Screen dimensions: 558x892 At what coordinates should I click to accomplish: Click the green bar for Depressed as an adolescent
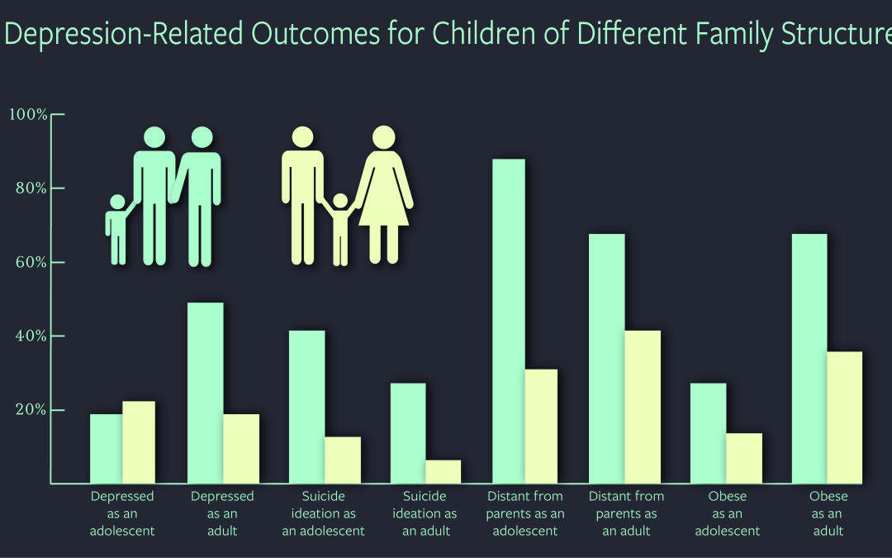point(106,448)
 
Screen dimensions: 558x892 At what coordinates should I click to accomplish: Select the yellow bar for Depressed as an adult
point(241,448)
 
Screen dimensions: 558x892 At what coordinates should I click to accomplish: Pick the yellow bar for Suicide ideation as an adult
point(444,471)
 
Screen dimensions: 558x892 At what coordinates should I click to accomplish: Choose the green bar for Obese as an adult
point(809,359)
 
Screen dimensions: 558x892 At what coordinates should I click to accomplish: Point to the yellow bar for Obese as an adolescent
point(744,458)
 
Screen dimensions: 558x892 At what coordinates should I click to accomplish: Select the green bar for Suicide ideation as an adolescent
point(306,407)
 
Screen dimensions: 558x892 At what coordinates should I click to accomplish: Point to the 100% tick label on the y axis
point(28,114)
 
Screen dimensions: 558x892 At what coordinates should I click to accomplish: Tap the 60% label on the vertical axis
point(30,263)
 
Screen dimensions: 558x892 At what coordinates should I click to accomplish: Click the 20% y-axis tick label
point(30,411)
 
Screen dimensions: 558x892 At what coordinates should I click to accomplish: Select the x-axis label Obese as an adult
point(828,513)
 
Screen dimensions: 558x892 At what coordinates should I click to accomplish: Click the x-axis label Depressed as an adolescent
point(122,513)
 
